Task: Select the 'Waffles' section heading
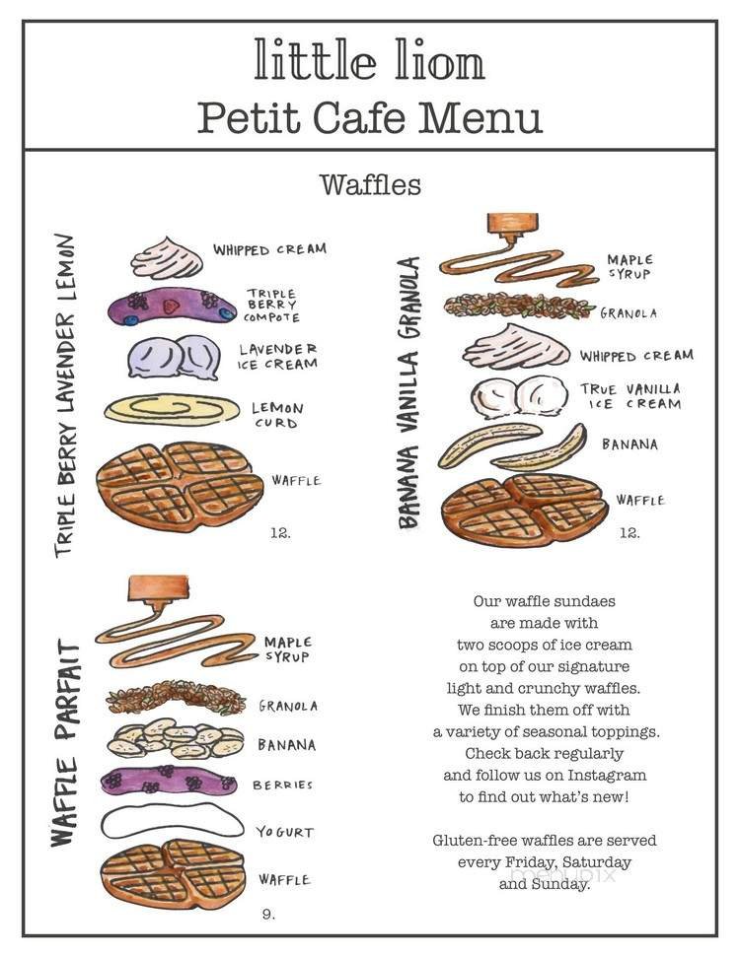[370, 184]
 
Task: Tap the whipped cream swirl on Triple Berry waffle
[167, 259]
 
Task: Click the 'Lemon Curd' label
[277, 415]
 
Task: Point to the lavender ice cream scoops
[174, 357]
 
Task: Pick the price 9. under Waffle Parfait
[268, 914]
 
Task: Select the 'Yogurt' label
[285, 832]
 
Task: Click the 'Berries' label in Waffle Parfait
[282, 785]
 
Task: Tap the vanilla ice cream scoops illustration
[518, 396]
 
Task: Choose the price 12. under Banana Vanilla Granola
[629, 533]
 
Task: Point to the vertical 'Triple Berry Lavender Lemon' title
[64, 394]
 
